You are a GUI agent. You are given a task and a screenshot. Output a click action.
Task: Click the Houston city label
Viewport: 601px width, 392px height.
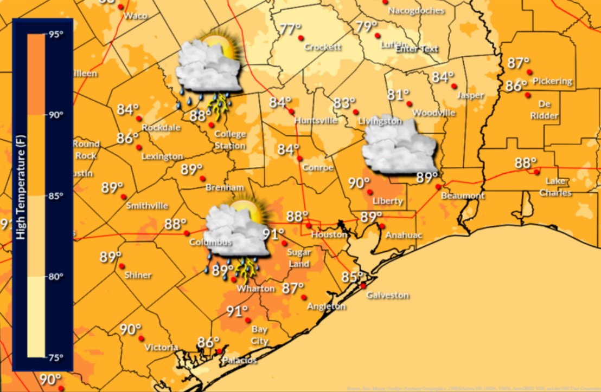point(329,234)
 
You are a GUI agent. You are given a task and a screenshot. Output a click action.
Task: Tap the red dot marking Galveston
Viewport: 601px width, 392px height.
point(363,285)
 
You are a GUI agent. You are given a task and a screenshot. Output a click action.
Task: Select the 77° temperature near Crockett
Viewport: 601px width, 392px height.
point(290,29)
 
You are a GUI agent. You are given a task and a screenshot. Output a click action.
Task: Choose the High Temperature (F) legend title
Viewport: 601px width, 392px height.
point(22,195)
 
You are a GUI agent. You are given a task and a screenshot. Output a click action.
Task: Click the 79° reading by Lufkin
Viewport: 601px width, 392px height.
point(367,26)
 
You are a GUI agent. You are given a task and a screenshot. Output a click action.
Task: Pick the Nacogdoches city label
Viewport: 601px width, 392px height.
point(417,10)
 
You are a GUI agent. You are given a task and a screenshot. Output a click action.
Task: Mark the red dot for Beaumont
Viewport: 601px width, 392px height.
point(438,187)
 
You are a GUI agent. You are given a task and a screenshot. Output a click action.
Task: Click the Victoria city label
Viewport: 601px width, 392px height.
point(161,347)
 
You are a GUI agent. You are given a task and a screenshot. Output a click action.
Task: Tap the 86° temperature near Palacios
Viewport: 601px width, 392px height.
point(208,343)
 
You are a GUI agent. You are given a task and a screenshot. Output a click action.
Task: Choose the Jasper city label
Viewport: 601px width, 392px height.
point(470,95)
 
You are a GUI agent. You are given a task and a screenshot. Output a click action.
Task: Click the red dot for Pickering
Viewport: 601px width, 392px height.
point(529,72)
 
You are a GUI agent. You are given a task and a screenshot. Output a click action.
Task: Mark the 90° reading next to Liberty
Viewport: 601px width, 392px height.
point(359,183)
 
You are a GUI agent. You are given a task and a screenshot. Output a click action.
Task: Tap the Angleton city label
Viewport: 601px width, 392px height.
point(326,306)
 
